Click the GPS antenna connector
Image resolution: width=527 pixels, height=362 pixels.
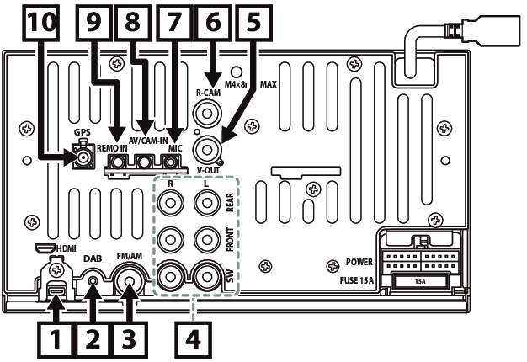83,156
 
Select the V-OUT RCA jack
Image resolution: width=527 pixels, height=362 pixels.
207,151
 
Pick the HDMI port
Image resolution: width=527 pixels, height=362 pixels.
56,293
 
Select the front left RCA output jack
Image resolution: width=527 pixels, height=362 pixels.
205,240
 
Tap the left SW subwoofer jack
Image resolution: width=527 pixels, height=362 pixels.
205,276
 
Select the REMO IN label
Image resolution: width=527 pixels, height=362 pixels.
111,147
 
